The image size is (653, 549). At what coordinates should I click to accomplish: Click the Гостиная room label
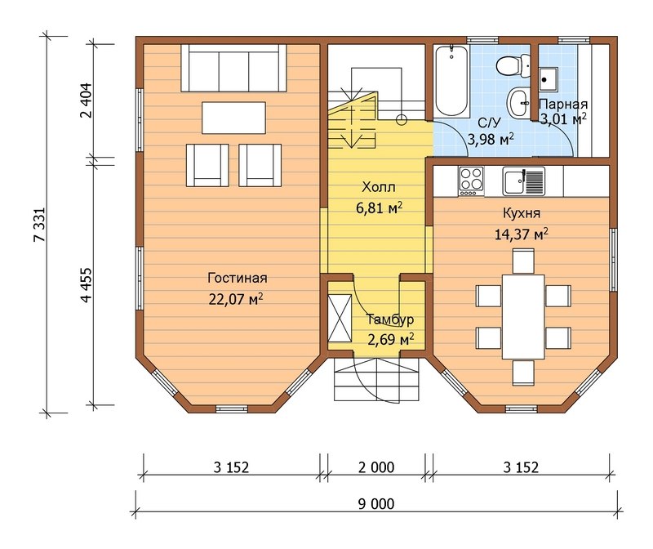[238, 278]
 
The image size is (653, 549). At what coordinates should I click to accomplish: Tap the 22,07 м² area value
[236, 299]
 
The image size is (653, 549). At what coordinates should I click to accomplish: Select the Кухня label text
[522, 213]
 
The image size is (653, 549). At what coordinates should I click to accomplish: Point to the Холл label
[379, 187]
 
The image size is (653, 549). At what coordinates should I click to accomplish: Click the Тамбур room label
[390, 319]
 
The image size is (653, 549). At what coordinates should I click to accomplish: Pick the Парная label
[563, 105]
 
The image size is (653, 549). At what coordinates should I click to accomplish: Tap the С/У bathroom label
[490, 123]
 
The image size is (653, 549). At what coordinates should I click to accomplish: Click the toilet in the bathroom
[509, 66]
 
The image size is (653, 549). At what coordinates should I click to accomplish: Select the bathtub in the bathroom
[451, 80]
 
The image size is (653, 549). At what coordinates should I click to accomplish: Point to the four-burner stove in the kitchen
[471, 181]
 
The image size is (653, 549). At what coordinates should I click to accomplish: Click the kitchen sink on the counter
[523, 181]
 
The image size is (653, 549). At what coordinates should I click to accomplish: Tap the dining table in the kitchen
[523, 316]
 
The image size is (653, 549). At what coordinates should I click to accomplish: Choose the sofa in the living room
[233, 69]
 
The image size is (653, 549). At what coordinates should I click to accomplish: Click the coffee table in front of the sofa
[233, 118]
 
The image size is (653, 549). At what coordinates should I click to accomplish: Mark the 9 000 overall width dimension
[376, 504]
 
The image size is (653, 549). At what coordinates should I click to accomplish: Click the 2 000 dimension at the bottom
[376, 467]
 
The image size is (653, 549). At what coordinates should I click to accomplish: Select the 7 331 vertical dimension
[40, 225]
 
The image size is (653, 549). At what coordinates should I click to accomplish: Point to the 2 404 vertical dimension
[87, 100]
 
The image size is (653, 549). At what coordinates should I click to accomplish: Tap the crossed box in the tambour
[340, 318]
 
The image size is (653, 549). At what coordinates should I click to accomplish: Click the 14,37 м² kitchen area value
[522, 234]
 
